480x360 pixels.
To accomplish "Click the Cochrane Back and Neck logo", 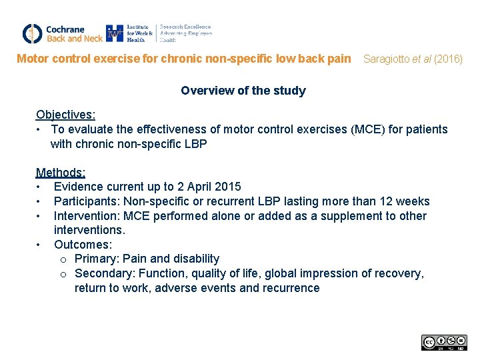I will tap(62, 33).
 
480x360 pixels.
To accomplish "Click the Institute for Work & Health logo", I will tap(159, 33).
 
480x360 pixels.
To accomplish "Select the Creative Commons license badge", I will tap(444, 343).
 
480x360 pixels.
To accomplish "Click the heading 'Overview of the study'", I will tap(243, 91).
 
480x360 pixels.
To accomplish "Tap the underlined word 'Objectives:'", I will tap(65, 115).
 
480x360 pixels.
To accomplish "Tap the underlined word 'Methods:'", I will tap(61, 173).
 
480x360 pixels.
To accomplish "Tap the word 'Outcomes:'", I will tap(83, 245).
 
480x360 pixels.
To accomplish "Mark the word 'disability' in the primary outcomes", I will tap(195, 259).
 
